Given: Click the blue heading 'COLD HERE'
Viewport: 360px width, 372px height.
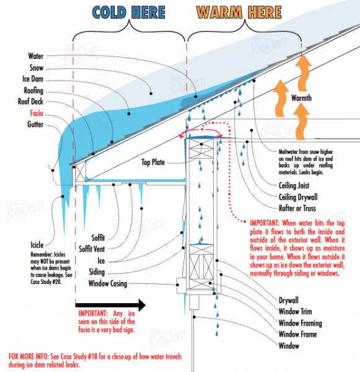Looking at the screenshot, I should (x=128, y=12).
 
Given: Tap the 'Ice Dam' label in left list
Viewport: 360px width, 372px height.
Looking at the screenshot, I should (x=32, y=79).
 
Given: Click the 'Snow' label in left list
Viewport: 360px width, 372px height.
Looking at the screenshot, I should (x=36, y=67).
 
